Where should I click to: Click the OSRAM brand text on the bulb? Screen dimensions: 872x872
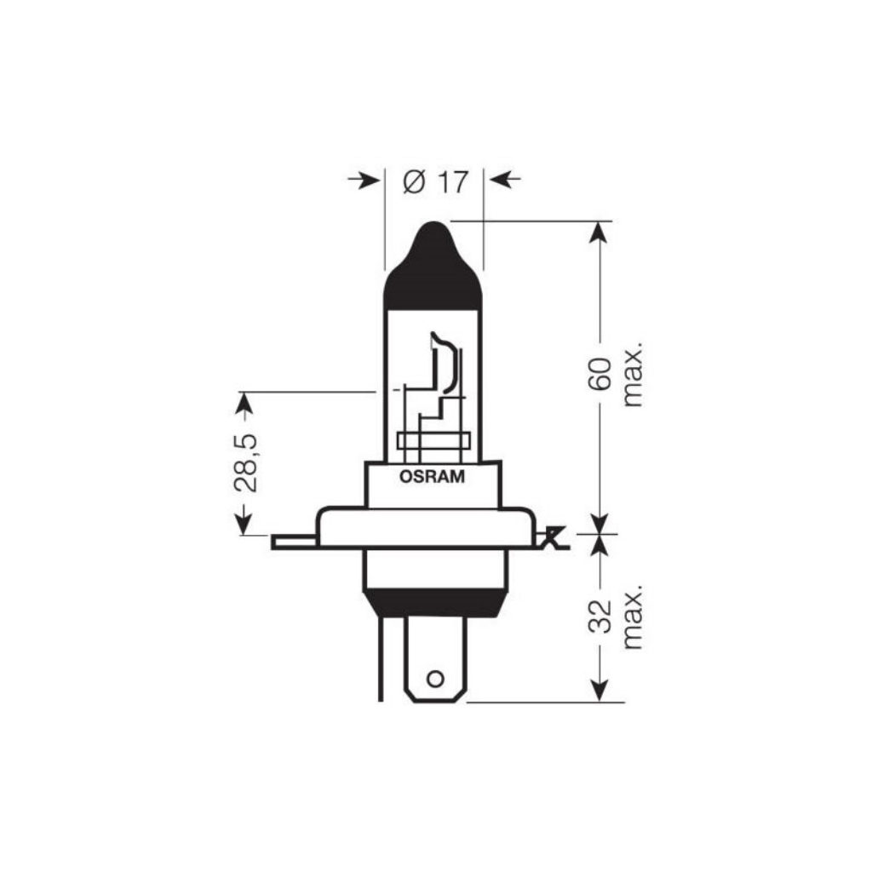(x=432, y=477)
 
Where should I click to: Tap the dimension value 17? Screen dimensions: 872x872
(x=453, y=182)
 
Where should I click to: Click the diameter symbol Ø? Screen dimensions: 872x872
(x=415, y=182)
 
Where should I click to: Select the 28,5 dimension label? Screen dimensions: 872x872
(x=246, y=462)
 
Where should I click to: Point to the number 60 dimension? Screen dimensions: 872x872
(x=600, y=374)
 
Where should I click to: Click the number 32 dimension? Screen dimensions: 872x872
(x=600, y=617)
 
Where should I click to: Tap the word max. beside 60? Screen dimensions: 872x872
(x=633, y=374)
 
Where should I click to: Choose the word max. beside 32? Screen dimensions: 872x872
(x=633, y=617)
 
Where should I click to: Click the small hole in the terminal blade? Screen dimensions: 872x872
(x=435, y=679)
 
